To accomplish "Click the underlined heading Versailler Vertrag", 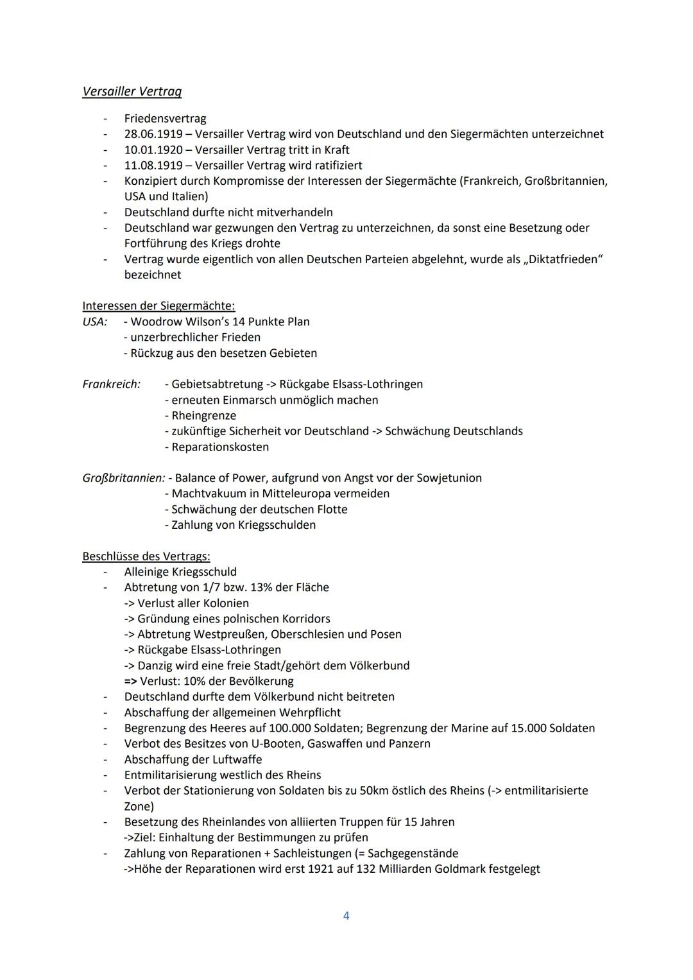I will point(132,92).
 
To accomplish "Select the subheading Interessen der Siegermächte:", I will point(158,306).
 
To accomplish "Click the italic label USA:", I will point(95,322).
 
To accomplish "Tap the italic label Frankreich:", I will point(112,384).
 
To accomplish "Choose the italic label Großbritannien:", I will point(123,478).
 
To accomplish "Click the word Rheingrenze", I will point(203,416).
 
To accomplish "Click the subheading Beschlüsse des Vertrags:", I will point(146,556).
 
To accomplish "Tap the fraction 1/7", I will point(229,587).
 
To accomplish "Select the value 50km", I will point(373,791).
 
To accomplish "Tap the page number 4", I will point(346,916).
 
